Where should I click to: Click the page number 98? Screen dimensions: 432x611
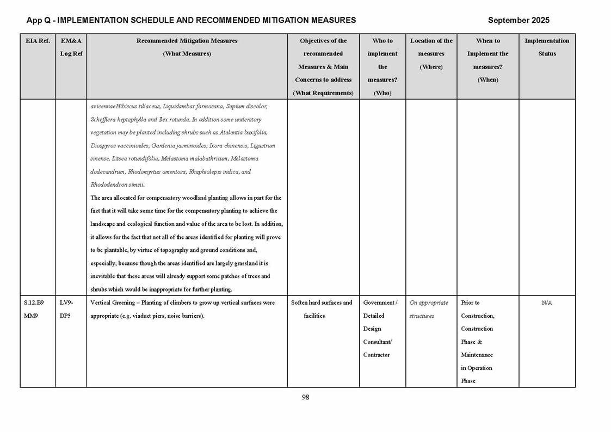point(305,397)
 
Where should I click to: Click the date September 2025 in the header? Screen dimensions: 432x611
point(519,20)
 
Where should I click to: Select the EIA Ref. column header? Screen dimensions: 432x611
point(38,41)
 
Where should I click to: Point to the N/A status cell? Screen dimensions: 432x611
point(547,303)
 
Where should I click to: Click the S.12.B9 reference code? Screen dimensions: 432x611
point(34,303)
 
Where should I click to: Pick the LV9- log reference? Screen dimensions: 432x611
point(66,303)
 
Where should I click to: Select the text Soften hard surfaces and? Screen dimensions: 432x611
point(322,303)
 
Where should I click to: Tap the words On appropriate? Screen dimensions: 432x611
point(429,303)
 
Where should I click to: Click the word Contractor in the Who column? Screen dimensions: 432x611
point(377,355)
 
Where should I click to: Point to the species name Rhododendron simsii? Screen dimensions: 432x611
point(117,185)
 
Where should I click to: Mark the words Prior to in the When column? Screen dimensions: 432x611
point(470,303)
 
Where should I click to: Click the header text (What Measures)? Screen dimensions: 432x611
point(187,54)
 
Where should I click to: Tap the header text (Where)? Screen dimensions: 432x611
point(431,67)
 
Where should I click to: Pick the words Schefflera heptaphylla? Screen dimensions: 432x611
point(120,119)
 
